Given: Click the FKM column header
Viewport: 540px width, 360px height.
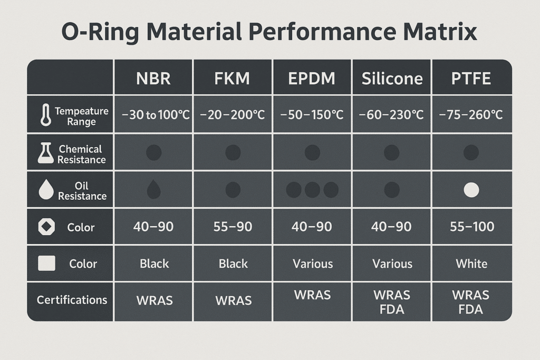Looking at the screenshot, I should click(x=233, y=79).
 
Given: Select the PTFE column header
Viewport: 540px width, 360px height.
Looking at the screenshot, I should click(x=471, y=79).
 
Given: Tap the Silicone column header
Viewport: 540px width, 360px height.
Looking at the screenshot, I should click(x=392, y=79).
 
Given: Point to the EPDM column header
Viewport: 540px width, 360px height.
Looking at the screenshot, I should click(x=312, y=79).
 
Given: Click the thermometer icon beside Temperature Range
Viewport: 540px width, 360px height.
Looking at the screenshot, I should click(x=45, y=115).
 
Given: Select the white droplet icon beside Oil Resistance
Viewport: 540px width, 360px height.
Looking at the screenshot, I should click(x=46, y=190).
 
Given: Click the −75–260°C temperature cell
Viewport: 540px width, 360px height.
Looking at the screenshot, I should click(x=471, y=115).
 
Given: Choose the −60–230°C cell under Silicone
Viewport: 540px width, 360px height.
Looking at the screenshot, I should click(x=392, y=115).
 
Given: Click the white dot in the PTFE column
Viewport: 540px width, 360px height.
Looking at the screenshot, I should click(x=471, y=190).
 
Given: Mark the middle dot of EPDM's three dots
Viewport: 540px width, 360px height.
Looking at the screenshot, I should click(x=312, y=190).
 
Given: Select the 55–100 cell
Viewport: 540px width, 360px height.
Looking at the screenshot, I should click(x=471, y=227).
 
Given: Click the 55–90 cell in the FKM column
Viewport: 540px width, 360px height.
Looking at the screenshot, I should click(x=233, y=227).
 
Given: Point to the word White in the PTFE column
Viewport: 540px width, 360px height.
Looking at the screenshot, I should click(x=471, y=264).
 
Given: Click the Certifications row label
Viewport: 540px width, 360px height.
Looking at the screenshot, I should click(x=72, y=300).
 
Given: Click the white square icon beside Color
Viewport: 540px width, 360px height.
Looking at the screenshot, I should click(x=46, y=264).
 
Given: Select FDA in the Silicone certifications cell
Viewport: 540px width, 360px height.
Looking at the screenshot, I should click(x=392, y=309).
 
